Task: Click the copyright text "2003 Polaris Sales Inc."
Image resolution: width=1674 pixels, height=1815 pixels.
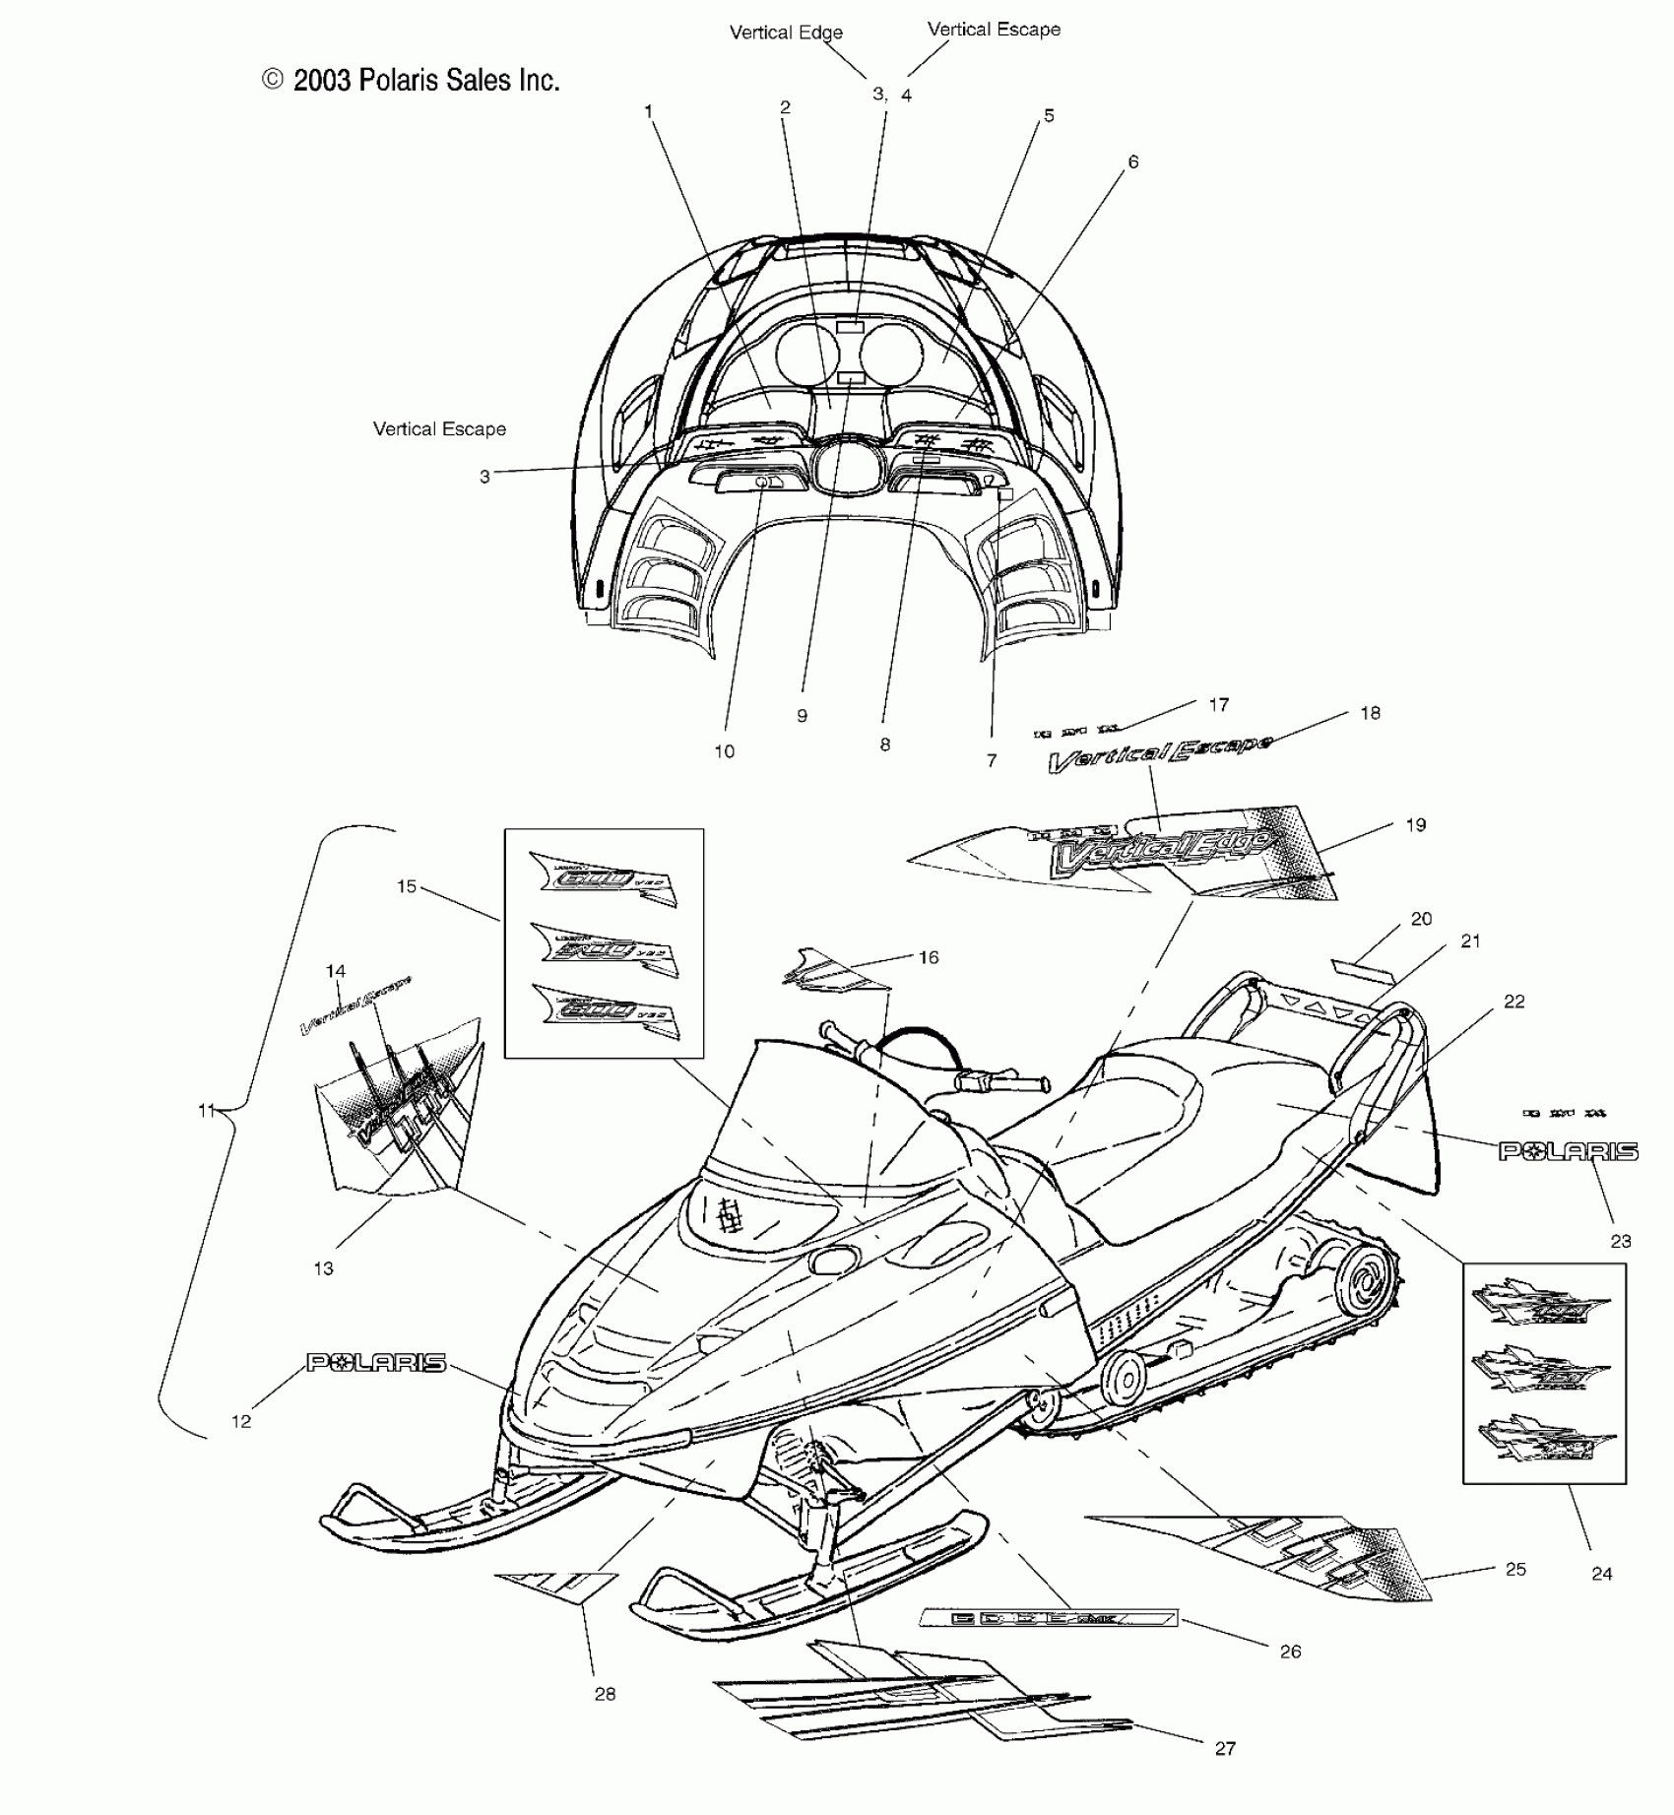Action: coord(412,81)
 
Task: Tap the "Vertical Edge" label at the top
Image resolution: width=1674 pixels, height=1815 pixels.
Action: coord(786,32)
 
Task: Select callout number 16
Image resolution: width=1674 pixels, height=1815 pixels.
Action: coord(929,957)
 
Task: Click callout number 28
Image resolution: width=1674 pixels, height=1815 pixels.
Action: coord(605,1694)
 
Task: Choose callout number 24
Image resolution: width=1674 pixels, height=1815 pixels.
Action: coord(1602,1574)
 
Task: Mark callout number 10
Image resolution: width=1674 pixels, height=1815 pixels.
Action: coord(724,751)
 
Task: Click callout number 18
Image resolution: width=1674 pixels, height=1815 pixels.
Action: coord(1370,713)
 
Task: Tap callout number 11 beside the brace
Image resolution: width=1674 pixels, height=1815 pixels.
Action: coord(206,1111)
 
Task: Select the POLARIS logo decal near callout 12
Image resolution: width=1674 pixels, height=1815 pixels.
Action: coord(376,1363)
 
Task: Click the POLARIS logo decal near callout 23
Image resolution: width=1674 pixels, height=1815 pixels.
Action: coord(1569,1151)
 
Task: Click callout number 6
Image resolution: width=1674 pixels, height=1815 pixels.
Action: coord(1133,162)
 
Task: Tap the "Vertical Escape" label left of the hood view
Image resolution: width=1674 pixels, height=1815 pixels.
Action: coord(439,429)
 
